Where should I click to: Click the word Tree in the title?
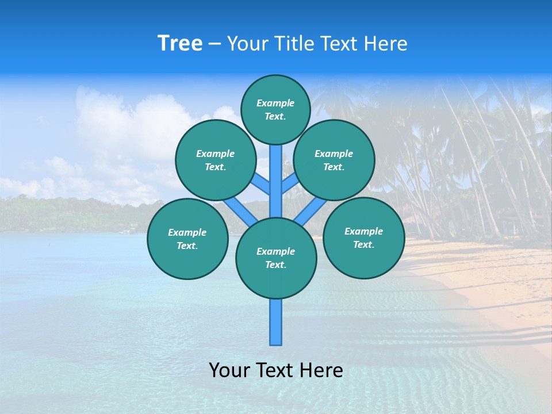coord(180,44)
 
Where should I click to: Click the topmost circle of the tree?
coord(275,109)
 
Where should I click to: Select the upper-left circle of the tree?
coord(215,160)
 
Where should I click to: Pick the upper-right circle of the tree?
coord(333,160)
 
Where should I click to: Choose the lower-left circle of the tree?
coord(187,239)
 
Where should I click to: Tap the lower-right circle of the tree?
coord(363,237)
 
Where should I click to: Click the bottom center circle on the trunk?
coord(276,258)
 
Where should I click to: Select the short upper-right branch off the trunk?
coord(290,183)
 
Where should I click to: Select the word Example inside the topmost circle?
coord(275,103)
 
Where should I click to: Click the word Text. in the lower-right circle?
coord(363,244)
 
